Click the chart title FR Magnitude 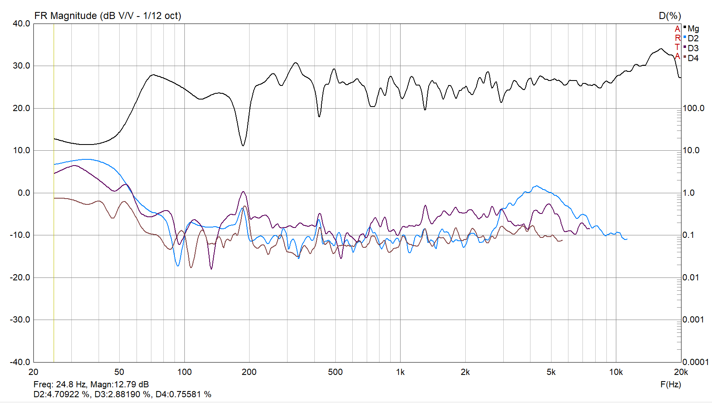[107, 16]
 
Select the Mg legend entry [693, 28]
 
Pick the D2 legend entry [693, 38]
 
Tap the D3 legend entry [693, 48]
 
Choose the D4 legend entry [693, 58]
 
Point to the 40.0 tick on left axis [21, 24]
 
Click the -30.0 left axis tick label [20, 320]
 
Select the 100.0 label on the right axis [693, 108]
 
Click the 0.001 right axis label [693, 320]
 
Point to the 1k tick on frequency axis [400, 372]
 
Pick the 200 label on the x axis [249, 372]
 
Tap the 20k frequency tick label [681, 372]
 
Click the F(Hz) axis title [670, 384]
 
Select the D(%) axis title [670, 16]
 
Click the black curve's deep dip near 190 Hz [243, 145]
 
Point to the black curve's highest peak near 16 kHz [661, 49]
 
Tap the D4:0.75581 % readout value [183, 394]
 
